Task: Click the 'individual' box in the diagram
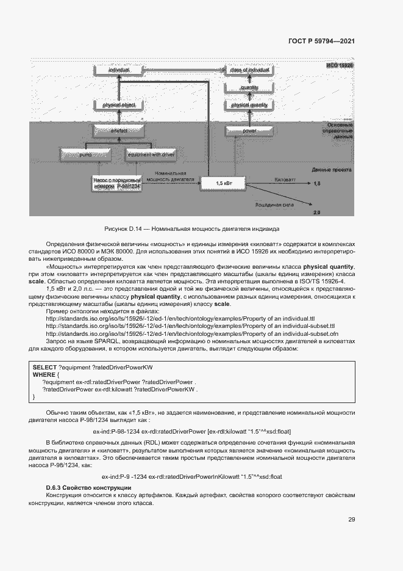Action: (119, 71)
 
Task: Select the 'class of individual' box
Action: (250, 71)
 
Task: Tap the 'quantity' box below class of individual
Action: (250, 88)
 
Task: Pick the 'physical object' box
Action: (119, 105)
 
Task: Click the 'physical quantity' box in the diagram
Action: (250, 105)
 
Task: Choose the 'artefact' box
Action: (119, 130)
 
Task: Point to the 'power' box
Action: (250, 130)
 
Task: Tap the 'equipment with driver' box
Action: (151, 155)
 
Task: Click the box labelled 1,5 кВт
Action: (225, 182)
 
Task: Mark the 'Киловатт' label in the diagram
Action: (285, 181)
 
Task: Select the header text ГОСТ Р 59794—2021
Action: (321, 42)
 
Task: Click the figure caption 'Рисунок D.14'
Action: (192, 229)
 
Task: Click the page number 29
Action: (351, 520)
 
